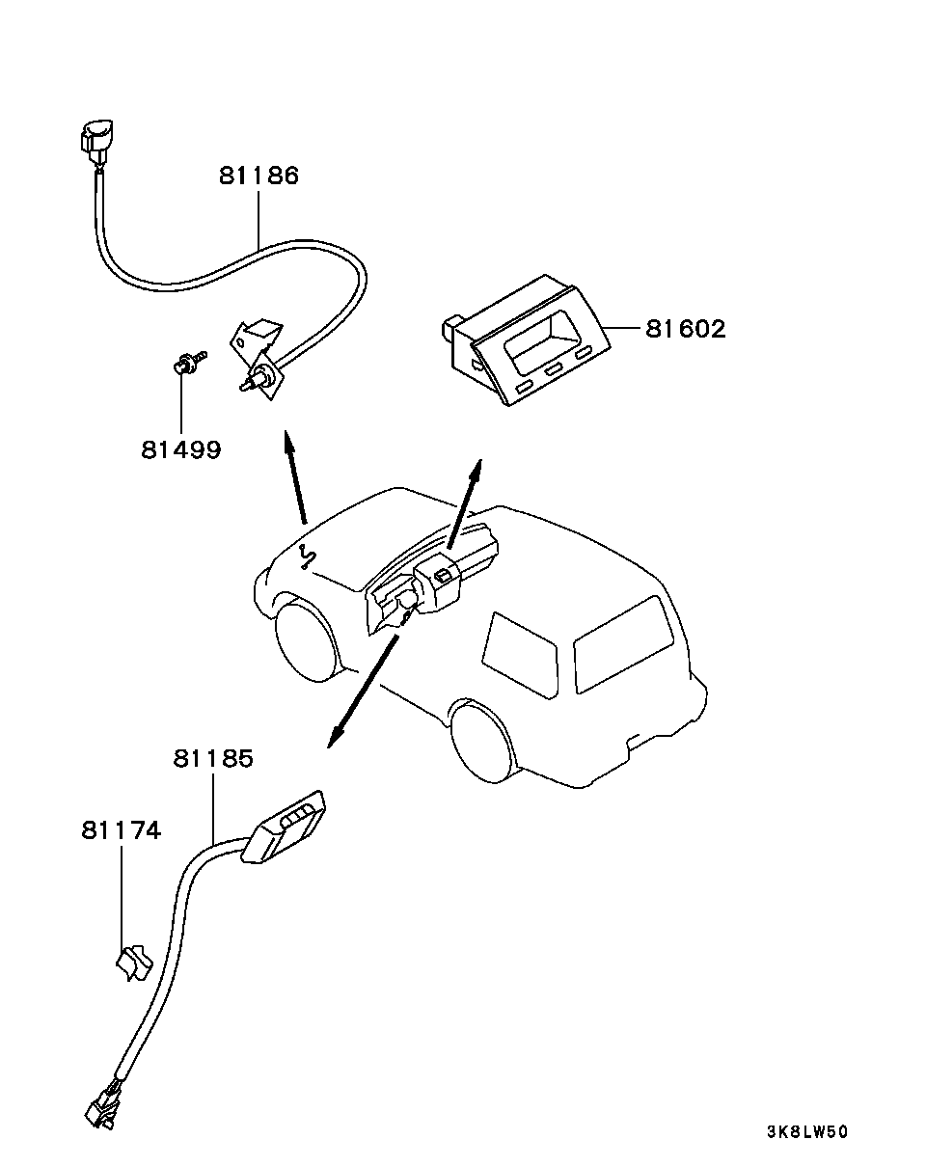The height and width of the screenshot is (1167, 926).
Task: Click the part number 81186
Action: [259, 176]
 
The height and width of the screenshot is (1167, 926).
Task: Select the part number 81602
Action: [686, 329]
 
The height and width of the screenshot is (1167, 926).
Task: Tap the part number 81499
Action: [181, 449]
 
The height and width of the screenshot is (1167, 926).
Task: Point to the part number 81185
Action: [213, 758]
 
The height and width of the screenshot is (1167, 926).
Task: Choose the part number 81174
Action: [121, 830]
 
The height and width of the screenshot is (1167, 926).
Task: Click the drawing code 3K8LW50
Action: [806, 1131]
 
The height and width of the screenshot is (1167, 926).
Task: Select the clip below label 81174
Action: [134, 963]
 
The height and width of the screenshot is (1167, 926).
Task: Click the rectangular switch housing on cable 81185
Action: [283, 827]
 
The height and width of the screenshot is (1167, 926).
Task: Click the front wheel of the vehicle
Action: [308, 642]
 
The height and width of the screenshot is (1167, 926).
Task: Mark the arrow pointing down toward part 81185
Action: [363, 692]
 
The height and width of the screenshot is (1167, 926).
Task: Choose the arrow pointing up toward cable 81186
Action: [295, 477]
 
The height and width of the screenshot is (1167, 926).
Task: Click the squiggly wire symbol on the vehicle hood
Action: [308, 555]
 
